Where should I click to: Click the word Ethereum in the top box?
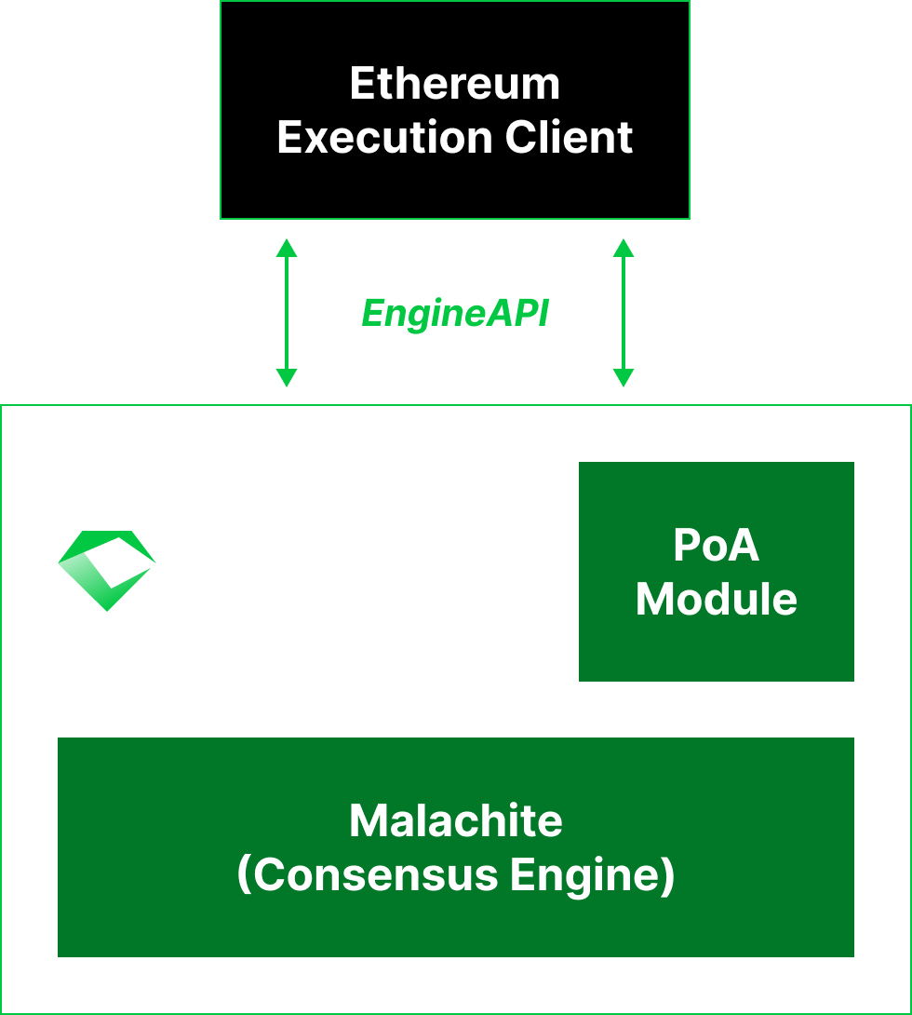tap(455, 84)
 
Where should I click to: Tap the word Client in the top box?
tap(570, 138)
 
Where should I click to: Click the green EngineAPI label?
tap(455, 314)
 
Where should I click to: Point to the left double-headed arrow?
tap(287, 313)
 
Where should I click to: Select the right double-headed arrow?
tap(624, 313)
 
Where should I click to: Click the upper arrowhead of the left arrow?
tap(287, 248)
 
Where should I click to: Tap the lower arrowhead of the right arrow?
tap(624, 378)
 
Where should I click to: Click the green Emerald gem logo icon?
tap(106, 570)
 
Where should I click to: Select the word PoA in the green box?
tap(716, 546)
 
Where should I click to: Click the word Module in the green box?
tap(716, 599)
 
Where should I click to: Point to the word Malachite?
tap(456, 820)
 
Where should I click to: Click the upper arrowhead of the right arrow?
tap(624, 248)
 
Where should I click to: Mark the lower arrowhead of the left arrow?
tap(287, 378)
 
